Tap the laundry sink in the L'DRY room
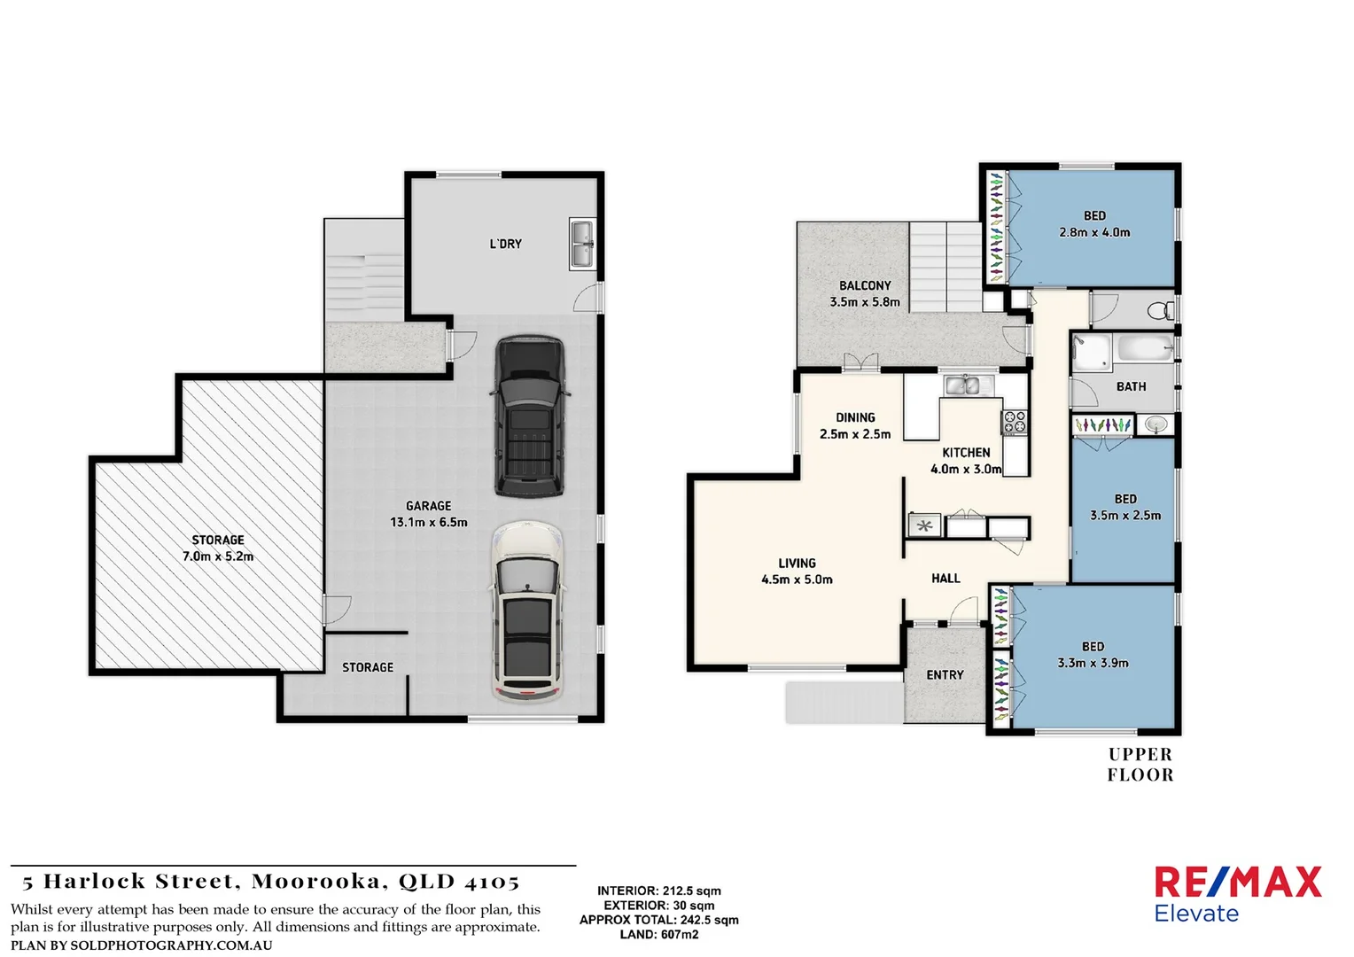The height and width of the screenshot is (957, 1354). pyautogui.click(x=582, y=244)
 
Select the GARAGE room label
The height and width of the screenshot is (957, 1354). pyautogui.click(x=429, y=506)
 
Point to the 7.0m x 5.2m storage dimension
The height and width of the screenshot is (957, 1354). pyautogui.click(x=218, y=556)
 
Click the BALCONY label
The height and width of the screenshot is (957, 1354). pyautogui.click(x=865, y=285)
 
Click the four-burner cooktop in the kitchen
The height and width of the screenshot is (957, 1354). pyautogui.click(x=1014, y=423)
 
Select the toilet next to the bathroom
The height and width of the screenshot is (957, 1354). pyautogui.click(x=1159, y=310)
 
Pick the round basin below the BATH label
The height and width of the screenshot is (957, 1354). pyautogui.click(x=1156, y=425)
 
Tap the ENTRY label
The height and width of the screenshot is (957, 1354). pyautogui.click(x=945, y=675)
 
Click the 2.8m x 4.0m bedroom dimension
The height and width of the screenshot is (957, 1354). pyautogui.click(x=1094, y=232)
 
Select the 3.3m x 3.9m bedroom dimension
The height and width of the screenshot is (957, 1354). pyautogui.click(x=1093, y=663)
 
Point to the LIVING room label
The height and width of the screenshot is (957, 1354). pyautogui.click(x=797, y=563)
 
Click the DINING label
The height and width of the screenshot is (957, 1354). pyautogui.click(x=855, y=417)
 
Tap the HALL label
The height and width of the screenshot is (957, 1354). pyautogui.click(x=945, y=579)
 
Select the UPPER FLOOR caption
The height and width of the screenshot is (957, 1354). pyautogui.click(x=1140, y=765)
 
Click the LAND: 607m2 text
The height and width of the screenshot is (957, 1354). pyautogui.click(x=658, y=934)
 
